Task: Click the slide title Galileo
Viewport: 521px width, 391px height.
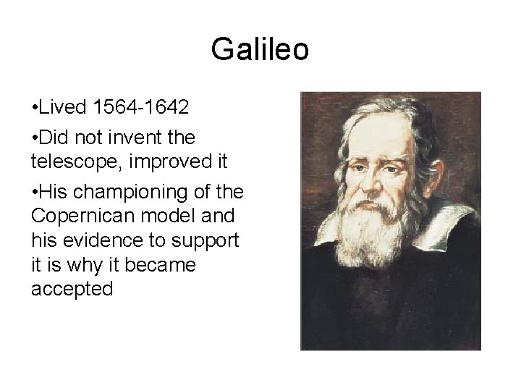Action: coord(260,50)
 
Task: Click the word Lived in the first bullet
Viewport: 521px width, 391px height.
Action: coord(66,108)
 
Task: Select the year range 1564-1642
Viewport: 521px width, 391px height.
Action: coord(142,108)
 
